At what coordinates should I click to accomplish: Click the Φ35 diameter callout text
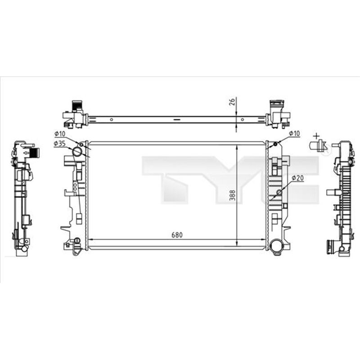click(59, 143)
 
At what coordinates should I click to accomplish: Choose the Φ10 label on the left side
click(59, 134)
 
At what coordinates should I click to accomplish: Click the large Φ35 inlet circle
click(78, 151)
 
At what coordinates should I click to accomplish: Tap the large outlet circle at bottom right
click(277, 245)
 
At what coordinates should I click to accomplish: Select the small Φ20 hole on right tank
click(279, 193)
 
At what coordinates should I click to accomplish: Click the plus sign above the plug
click(316, 135)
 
